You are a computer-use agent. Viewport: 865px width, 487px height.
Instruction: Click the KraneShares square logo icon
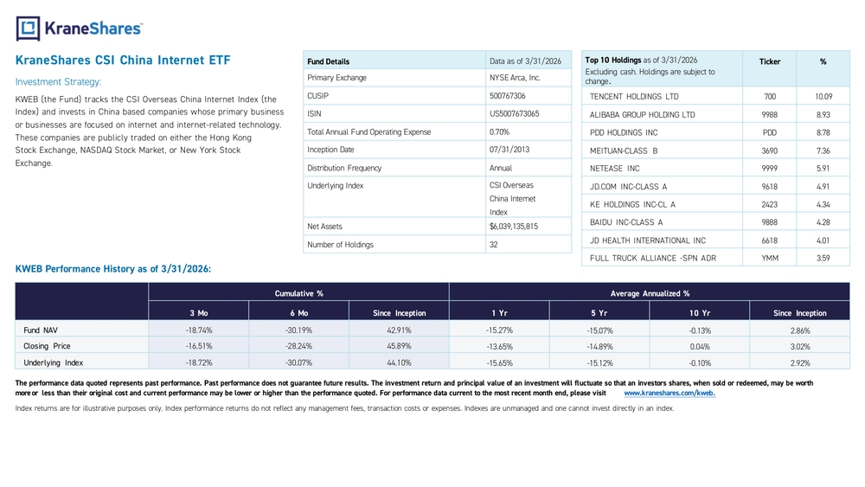(x=29, y=29)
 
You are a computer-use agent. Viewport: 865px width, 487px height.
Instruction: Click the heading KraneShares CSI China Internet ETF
(x=123, y=60)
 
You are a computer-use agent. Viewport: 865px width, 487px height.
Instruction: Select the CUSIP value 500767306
(x=508, y=96)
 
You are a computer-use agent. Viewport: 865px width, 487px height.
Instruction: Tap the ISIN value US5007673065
(x=514, y=113)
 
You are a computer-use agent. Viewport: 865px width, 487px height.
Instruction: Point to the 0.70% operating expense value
(x=499, y=131)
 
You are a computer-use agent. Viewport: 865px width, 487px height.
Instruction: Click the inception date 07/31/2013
(x=505, y=150)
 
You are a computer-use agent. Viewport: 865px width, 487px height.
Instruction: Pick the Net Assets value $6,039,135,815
(x=514, y=226)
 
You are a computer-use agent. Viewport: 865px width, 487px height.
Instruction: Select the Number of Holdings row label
(x=340, y=244)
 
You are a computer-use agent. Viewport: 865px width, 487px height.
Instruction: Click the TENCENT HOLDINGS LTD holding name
(x=634, y=97)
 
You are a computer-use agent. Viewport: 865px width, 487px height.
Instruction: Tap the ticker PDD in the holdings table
(x=770, y=132)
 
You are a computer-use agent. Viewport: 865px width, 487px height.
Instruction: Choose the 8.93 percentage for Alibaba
(x=823, y=115)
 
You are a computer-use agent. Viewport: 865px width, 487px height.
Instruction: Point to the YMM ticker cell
(x=770, y=258)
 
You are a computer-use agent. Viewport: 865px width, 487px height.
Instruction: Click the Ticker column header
(x=770, y=61)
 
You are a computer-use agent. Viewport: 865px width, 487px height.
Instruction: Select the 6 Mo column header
(x=299, y=313)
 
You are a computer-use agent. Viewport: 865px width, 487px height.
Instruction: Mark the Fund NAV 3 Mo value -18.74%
(x=199, y=330)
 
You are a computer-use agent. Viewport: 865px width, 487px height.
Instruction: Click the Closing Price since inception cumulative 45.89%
(x=399, y=346)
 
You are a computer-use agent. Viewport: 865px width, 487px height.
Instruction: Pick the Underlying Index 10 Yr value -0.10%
(x=700, y=363)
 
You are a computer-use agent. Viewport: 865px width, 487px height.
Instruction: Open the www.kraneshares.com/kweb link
(x=670, y=394)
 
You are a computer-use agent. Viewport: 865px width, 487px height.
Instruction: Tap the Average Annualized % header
(x=650, y=293)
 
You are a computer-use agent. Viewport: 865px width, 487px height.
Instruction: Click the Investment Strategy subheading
(x=59, y=82)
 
